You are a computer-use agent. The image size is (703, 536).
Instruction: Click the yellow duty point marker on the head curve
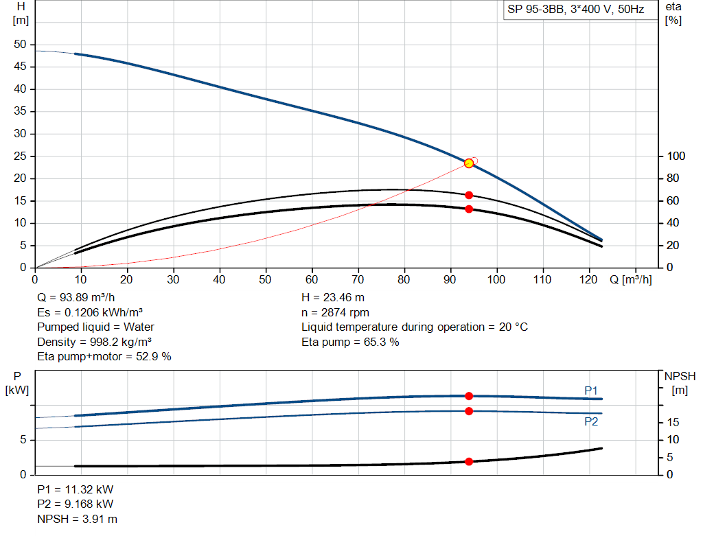469,163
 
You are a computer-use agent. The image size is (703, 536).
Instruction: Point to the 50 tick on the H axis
21,45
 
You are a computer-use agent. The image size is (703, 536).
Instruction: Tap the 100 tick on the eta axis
674,156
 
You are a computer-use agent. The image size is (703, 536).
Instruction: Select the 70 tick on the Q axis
358,279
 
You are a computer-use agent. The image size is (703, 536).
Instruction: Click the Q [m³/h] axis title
630,279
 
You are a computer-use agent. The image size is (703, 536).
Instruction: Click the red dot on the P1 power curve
469,396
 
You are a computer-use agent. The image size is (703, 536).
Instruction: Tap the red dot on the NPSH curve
469,461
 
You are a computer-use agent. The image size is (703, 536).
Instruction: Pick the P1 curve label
591,391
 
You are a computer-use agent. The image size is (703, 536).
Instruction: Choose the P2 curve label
591,421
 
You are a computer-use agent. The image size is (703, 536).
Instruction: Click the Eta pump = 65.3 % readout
350,341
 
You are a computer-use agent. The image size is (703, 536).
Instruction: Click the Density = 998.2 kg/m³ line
94,341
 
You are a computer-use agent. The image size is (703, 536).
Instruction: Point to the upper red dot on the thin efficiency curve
469,195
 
